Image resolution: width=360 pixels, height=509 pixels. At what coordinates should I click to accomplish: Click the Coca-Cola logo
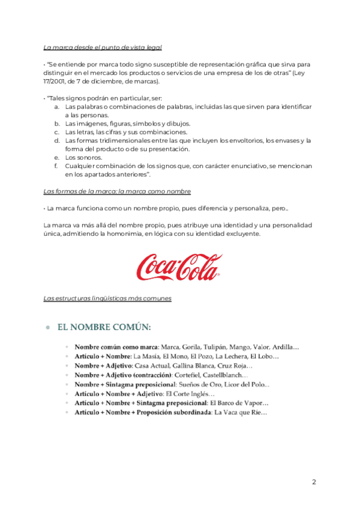point(179,267)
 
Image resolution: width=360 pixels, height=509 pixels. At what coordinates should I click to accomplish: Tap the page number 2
point(314,482)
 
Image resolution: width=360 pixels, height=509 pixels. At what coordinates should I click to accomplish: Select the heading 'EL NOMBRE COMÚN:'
point(103,328)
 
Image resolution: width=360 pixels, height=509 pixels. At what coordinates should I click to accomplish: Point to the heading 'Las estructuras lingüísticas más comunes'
point(108,298)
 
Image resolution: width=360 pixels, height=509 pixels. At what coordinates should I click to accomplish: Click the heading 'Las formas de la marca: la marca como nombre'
point(118,191)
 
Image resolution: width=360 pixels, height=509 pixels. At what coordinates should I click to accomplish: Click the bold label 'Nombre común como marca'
point(116,347)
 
